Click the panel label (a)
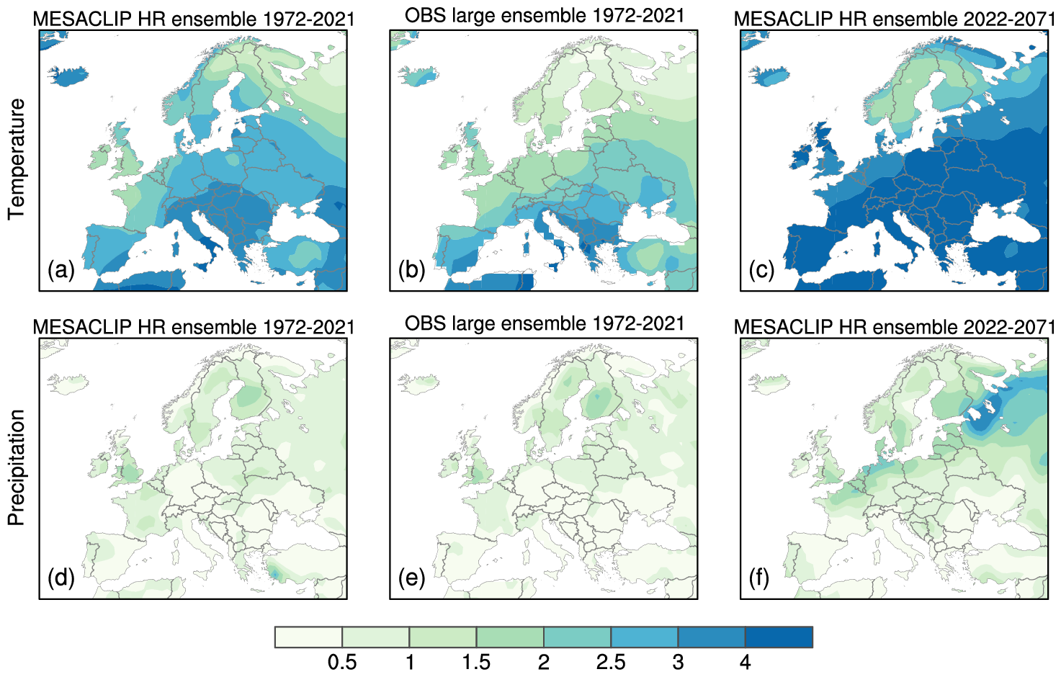[x=61, y=270]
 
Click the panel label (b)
[x=411, y=270]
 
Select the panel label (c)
[x=761, y=270]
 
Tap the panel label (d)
[x=61, y=578]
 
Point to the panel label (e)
[x=411, y=578]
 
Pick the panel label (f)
[x=759, y=578]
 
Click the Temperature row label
[x=17, y=159]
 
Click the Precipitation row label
[x=17, y=467]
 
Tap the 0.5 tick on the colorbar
[x=342, y=662]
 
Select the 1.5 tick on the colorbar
[x=476, y=662]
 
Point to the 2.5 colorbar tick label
[x=611, y=662]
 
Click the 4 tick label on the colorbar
[x=746, y=662]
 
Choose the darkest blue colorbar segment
[x=779, y=637]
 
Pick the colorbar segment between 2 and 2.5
[x=577, y=637]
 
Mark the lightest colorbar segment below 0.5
[x=308, y=637]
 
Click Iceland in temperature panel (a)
[x=69, y=76]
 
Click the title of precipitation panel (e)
[x=545, y=324]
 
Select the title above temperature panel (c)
[x=894, y=19]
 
